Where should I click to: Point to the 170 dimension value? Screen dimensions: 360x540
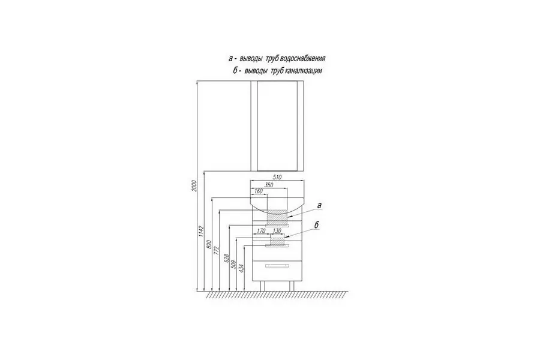pyautogui.click(x=261, y=230)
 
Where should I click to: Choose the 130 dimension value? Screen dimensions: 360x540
pyautogui.click(x=277, y=230)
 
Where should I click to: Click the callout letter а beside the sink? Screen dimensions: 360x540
pyautogui.click(x=319, y=205)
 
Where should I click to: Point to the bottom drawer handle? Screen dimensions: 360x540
pyautogui.click(x=277, y=265)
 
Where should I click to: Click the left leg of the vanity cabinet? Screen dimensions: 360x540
pyautogui.click(x=263, y=286)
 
